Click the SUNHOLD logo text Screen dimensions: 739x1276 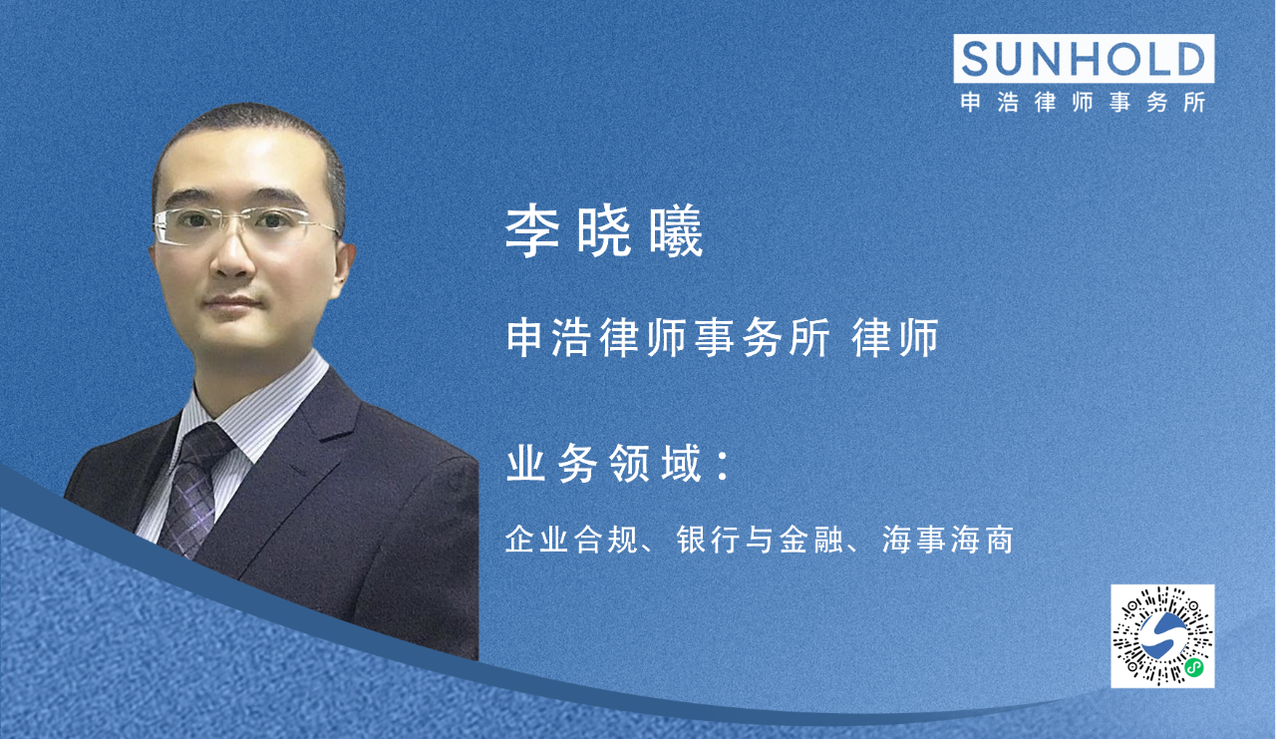tap(1084, 59)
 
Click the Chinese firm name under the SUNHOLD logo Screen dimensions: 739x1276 tap(1084, 103)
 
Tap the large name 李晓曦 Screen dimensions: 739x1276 tap(604, 233)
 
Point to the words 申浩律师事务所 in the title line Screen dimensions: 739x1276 tap(668, 339)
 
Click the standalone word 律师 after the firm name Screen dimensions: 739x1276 tap(896, 339)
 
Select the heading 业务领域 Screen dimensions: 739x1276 tap(604, 466)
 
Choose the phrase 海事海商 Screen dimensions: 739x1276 tap(948, 541)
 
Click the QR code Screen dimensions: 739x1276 tap(1162, 636)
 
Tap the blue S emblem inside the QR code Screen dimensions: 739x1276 tap(1161, 635)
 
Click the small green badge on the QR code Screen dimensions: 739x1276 tap(1193, 668)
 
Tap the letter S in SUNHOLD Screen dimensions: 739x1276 tap(978, 59)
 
